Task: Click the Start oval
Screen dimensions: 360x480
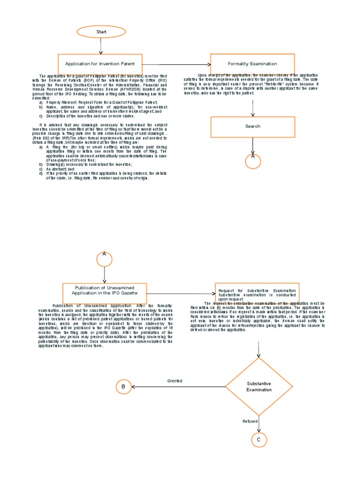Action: click(101, 32)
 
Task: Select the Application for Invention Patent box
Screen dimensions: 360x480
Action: click(100, 64)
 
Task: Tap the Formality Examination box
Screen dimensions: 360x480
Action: click(252, 64)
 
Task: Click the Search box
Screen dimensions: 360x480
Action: click(252, 127)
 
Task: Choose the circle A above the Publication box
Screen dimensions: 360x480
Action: click(104, 258)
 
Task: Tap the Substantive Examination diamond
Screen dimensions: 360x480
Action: click(259, 387)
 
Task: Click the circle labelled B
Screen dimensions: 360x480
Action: click(123, 387)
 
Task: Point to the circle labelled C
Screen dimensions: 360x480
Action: click(259, 440)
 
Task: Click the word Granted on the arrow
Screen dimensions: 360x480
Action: click(175, 381)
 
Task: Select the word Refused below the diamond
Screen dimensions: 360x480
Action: click(250, 421)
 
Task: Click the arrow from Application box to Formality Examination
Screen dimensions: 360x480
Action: click(176, 64)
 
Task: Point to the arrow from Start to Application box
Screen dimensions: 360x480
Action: click(101, 46)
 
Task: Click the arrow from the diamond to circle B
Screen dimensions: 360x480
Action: click(178, 387)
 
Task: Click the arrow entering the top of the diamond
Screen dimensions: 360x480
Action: click(259, 349)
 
